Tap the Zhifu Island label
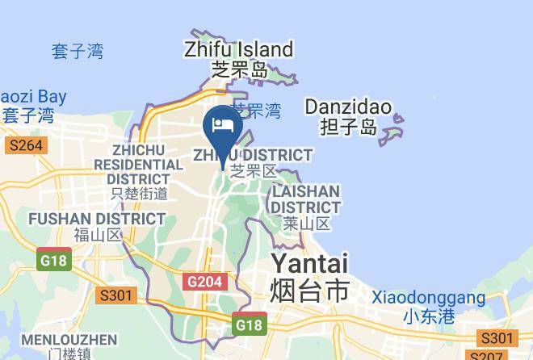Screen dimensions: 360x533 coord(238,49)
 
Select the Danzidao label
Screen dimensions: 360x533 coord(347,107)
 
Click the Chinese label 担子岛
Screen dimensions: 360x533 coord(347,127)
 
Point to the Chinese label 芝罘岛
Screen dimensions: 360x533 coord(238,70)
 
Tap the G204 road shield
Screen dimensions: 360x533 coord(205,281)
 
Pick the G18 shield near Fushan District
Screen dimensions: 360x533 coord(54,260)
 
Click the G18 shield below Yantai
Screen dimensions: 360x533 coord(250,324)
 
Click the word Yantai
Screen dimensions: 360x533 coord(308,264)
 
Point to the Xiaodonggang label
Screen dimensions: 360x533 coord(429,298)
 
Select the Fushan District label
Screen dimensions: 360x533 coord(97,219)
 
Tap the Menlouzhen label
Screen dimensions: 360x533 coord(69,339)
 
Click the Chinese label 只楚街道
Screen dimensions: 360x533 coord(140,194)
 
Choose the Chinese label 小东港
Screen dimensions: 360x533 coord(429,316)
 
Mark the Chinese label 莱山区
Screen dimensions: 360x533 coord(308,224)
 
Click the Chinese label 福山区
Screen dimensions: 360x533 coord(97,236)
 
